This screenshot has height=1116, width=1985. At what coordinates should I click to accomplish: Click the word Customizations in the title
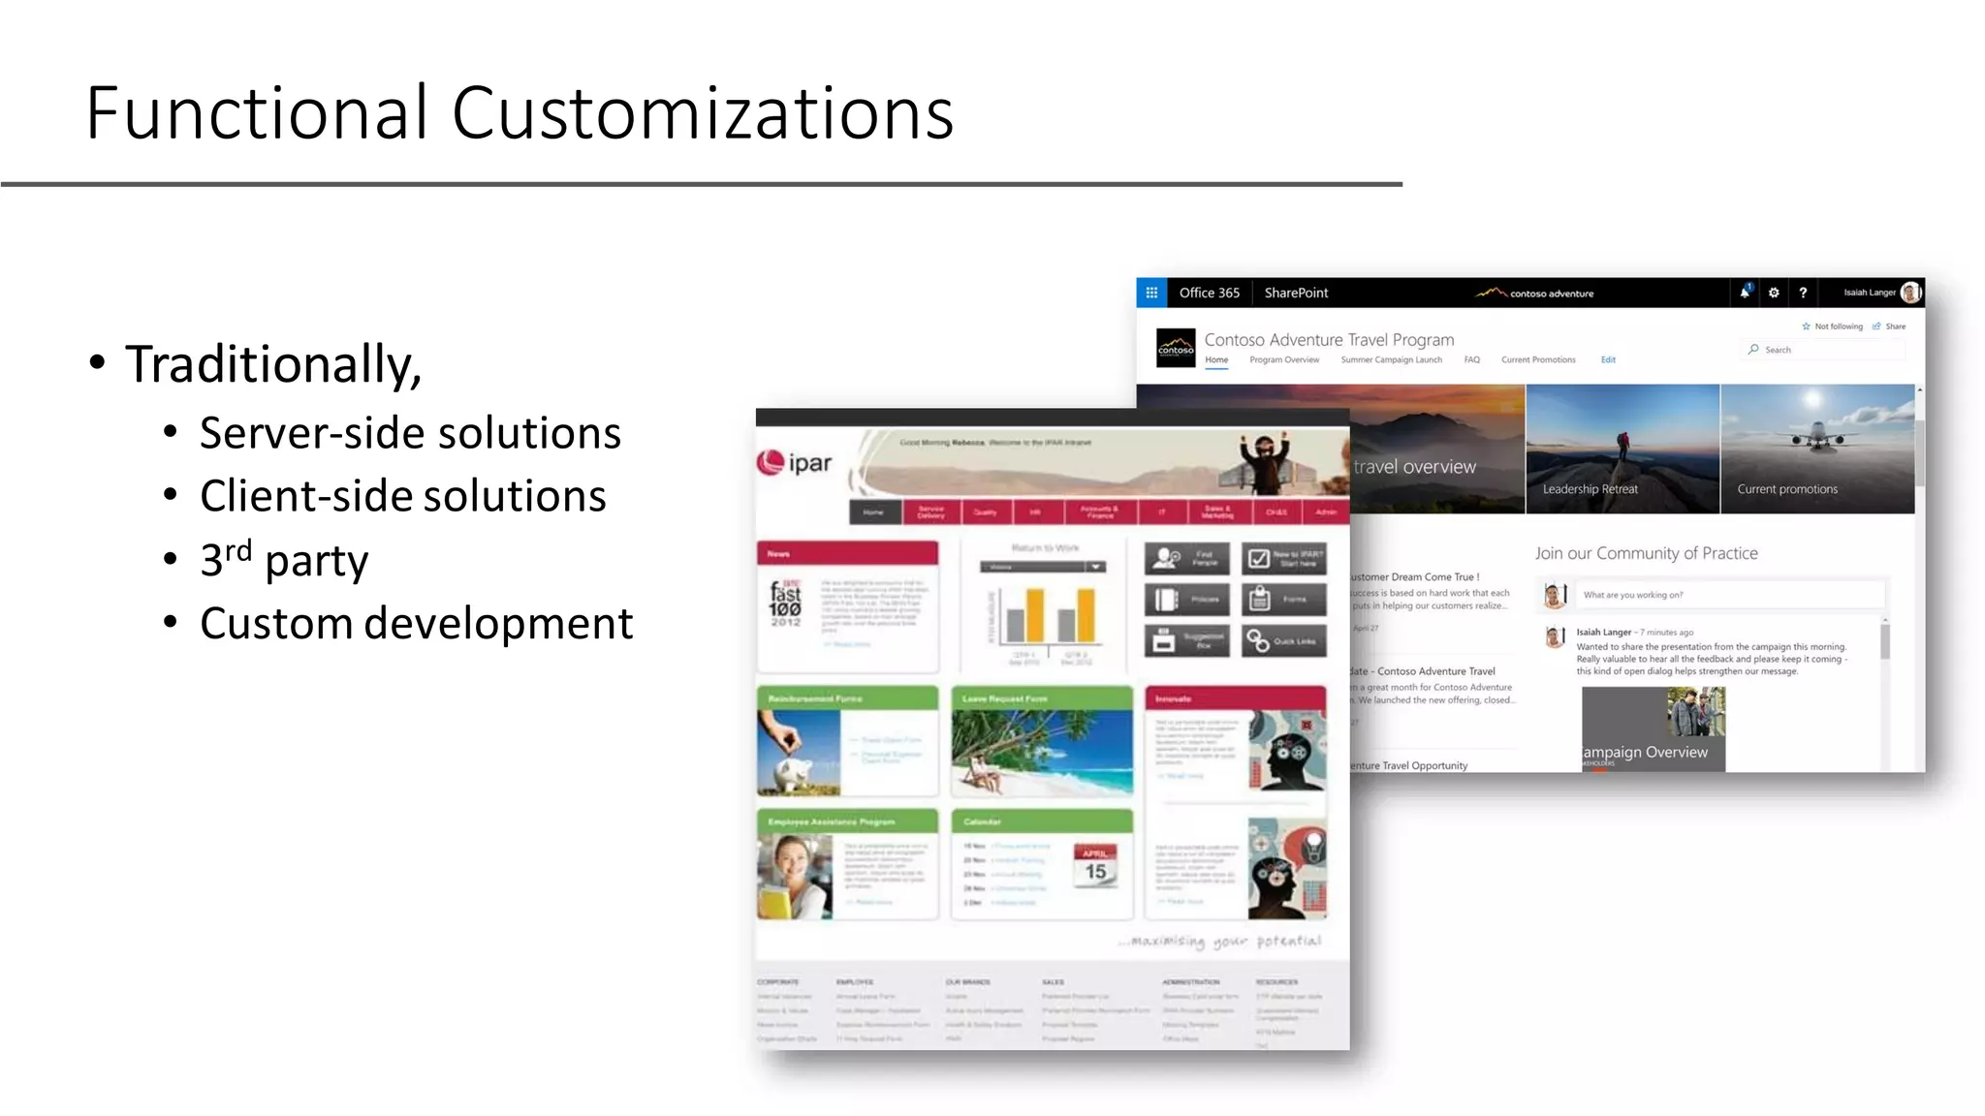tap(702, 113)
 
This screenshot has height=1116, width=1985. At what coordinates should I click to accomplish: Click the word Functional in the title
tap(257, 113)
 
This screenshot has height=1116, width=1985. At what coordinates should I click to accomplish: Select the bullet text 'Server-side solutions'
tap(410, 433)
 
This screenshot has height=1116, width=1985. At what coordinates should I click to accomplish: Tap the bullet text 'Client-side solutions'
tap(402, 496)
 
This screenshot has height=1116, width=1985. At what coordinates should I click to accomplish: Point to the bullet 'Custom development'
tap(416, 623)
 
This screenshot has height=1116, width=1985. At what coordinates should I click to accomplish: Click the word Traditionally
tap(272, 365)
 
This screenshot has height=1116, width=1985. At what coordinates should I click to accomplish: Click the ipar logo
tap(795, 463)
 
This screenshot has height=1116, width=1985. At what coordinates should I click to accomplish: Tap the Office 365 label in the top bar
tap(1209, 293)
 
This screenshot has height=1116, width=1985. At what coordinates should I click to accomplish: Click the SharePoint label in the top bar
tap(1296, 293)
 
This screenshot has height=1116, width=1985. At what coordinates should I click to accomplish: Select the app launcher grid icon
tap(1151, 293)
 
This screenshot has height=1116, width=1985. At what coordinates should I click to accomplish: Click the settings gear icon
tap(1774, 293)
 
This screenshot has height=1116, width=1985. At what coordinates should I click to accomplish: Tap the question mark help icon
tap(1803, 293)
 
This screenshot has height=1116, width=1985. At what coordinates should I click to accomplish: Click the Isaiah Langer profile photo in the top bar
tap(1910, 293)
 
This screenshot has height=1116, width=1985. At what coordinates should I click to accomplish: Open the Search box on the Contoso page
tap(1822, 350)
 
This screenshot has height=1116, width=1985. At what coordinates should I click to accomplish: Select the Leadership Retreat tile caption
tap(1590, 489)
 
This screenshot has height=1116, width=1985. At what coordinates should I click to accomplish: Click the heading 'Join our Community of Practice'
tap(1646, 553)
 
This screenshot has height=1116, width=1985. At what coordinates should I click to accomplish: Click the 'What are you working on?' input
tap(1725, 595)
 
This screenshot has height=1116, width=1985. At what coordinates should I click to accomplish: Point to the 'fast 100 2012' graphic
tap(785, 604)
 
